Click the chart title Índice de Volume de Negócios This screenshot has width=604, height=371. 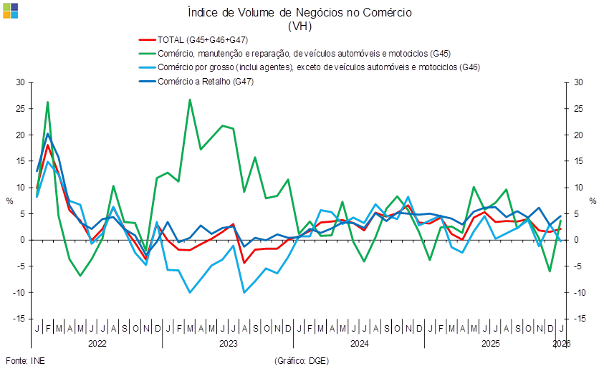pyautogui.click(x=299, y=13)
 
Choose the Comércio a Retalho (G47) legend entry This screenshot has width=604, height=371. pyautogui.click(x=207, y=81)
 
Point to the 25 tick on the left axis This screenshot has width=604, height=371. pyautogui.click(x=21, y=109)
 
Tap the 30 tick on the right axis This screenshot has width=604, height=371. pyautogui.click(x=580, y=83)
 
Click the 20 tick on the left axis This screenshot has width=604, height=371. pyautogui.click(x=21, y=135)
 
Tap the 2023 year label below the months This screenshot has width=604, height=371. pyautogui.click(x=228, y=344)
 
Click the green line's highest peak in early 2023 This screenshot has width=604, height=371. pyautogui.click(x=190, y=100)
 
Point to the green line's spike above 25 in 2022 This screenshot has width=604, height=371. pyautogui.click(x=47, y=102)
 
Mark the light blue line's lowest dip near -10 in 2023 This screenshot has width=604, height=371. pyautogui.click(x=190, y=292)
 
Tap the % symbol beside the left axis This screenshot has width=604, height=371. pyautogui.click(x=10, y=201)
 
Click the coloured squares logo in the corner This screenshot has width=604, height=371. pyautogui.click(x=11, y=10)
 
